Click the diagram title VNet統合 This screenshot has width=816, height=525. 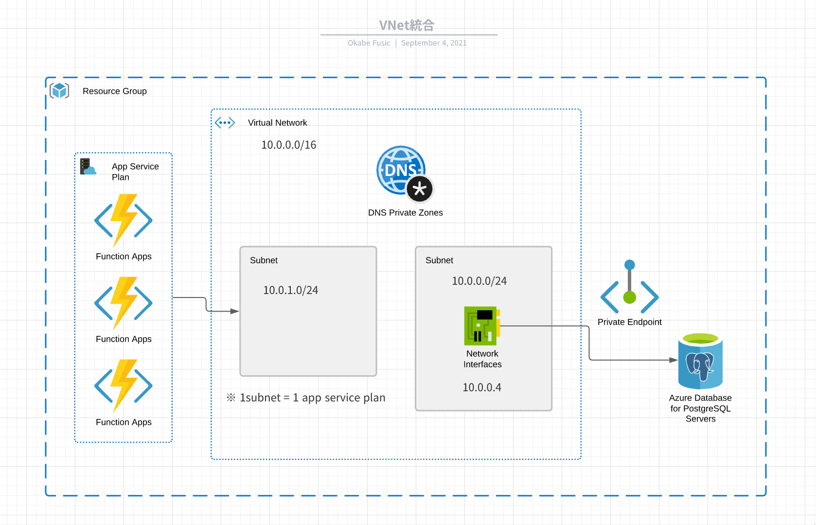407,25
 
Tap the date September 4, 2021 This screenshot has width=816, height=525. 434,43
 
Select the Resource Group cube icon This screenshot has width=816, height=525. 59,90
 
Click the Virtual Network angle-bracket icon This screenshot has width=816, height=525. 225,122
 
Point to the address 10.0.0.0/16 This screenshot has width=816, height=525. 289,145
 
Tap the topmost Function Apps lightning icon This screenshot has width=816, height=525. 124,220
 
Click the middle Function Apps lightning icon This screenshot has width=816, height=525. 124,303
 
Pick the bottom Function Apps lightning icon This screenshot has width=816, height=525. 124,385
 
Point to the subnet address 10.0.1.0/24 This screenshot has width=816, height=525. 291,290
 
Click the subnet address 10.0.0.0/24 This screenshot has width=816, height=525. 479,281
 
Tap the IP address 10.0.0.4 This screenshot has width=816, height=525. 482,387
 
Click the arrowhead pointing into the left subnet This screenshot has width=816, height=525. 235,311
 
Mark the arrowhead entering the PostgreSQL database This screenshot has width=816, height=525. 674,360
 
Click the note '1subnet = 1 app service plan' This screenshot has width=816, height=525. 306,398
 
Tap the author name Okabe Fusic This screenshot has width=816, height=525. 369,43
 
